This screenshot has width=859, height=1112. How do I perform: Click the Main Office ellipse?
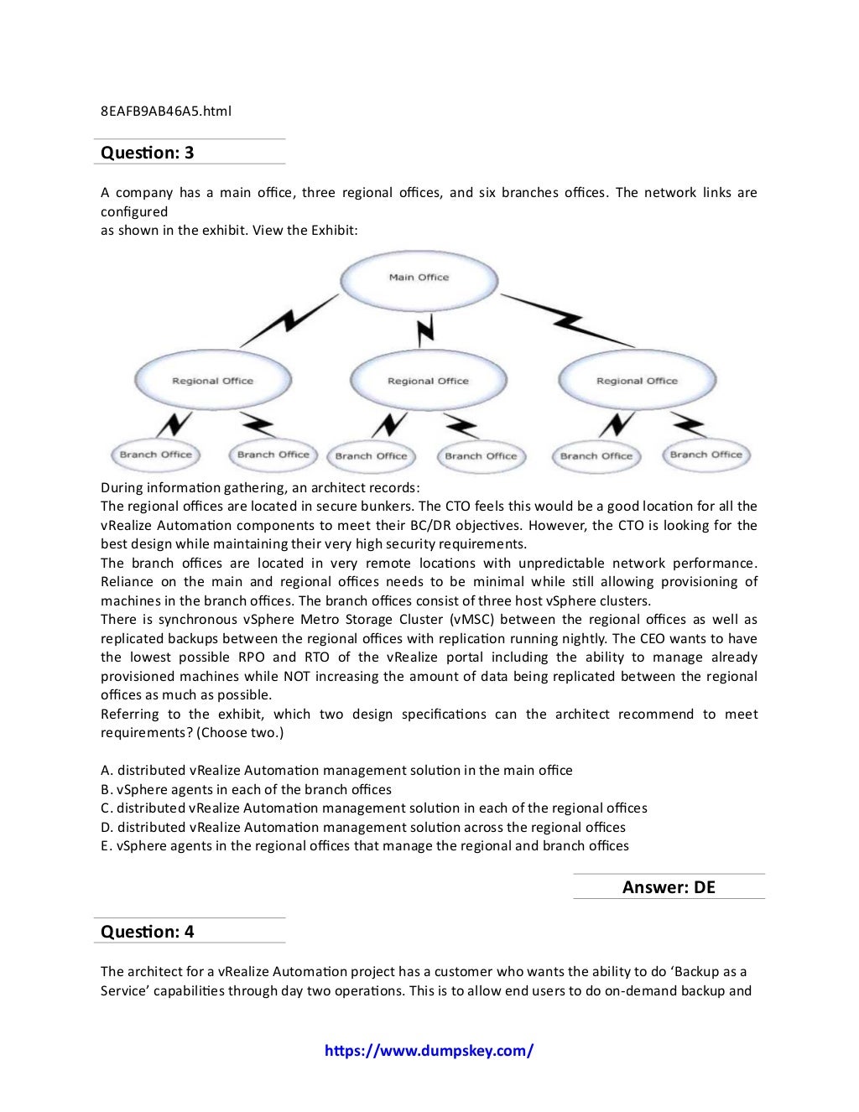419,278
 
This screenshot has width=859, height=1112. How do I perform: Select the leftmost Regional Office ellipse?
212,381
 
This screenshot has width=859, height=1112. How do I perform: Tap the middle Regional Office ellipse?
428,381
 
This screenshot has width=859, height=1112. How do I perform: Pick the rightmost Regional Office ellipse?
637,381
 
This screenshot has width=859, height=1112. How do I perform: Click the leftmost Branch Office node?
155,455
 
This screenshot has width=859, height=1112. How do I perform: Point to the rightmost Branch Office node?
706,455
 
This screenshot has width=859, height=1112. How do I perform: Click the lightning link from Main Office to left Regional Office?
287,320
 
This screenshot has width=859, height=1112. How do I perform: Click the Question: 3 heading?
147,153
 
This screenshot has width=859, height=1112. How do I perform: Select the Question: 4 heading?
147,932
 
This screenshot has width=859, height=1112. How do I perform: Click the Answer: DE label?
669,887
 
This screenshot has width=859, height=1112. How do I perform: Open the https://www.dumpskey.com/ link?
429,1051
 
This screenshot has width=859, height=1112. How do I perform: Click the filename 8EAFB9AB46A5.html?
165,111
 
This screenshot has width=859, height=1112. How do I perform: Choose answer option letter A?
107,771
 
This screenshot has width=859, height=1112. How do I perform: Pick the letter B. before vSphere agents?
107,790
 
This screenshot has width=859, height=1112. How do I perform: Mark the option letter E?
107,846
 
